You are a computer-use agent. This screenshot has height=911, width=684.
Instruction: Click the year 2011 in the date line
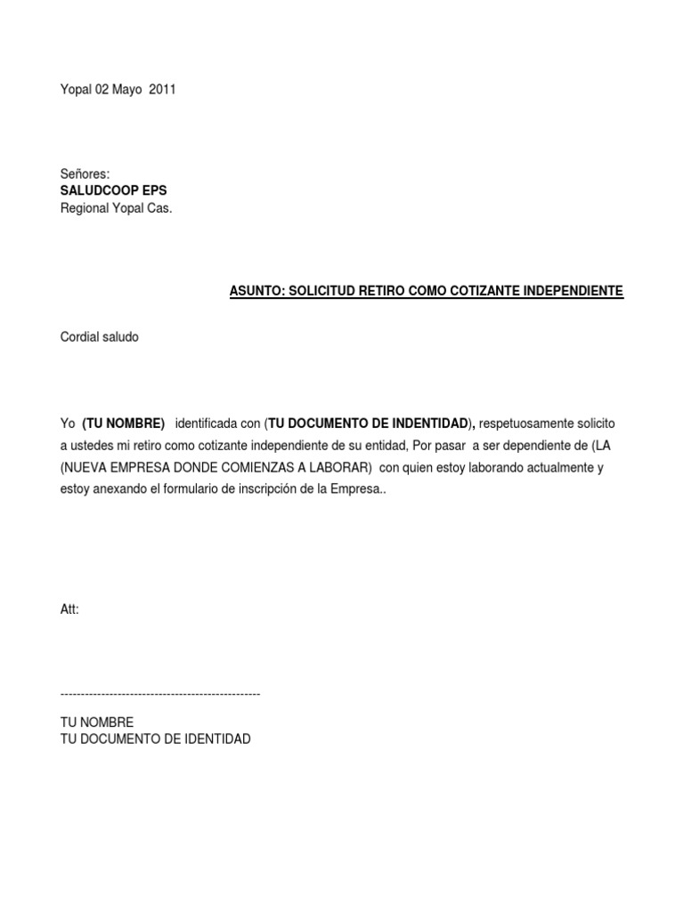(162, 90)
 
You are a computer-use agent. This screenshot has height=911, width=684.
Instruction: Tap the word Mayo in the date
(125, 90)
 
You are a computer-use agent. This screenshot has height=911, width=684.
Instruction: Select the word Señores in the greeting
(85, 174)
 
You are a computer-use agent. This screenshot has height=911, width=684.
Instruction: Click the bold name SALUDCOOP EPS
(113, 191)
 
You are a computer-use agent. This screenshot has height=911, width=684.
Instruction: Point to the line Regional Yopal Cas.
(116, 209)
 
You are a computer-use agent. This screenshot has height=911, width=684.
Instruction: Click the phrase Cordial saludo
(99, 338)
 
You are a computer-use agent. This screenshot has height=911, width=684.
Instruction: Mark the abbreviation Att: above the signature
(69, 609)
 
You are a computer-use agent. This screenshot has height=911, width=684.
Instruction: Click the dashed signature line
(160, 693)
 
